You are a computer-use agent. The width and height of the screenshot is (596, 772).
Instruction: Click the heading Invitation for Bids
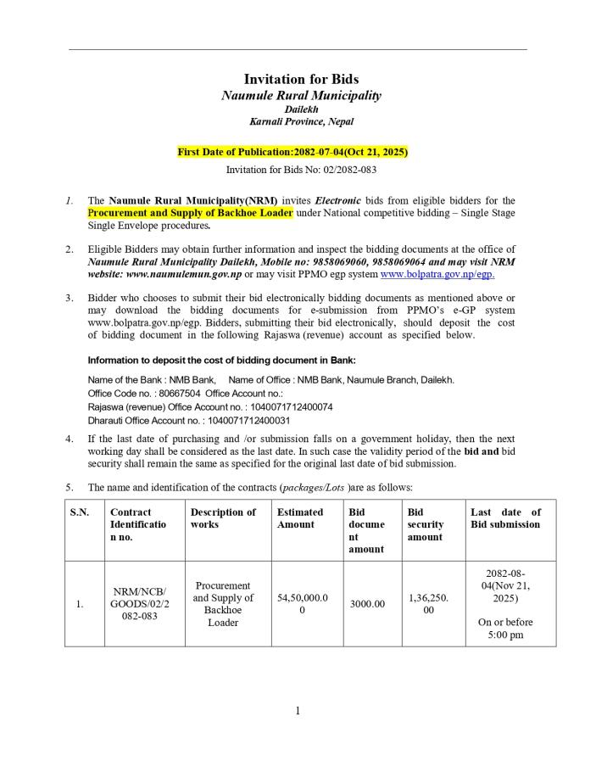pos(301,79)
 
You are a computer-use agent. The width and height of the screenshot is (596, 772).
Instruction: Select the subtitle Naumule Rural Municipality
pos(301,95)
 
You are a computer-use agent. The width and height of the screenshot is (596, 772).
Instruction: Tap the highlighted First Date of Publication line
pos(292,152)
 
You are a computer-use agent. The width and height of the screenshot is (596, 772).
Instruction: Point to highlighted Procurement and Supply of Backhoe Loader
pos(190,213)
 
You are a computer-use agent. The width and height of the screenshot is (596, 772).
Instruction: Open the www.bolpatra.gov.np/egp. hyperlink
pos(437,274)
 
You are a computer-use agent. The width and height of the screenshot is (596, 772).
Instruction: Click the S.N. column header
pos(80,512)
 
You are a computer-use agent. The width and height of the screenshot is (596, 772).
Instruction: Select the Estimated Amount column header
pos(300,518)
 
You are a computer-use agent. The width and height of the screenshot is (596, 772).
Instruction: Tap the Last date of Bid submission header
pos(505,518)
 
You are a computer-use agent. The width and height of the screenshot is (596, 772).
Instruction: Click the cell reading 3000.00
pos(367,604)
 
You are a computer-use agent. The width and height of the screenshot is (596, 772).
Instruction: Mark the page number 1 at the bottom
pos(298,711)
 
